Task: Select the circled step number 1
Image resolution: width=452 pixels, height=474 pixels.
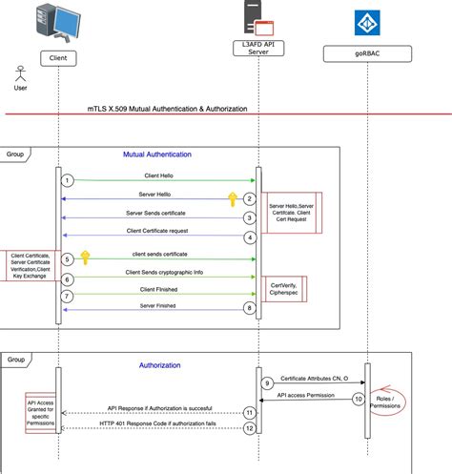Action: [67, 180]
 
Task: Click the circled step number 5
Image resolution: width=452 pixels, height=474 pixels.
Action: [67, 258]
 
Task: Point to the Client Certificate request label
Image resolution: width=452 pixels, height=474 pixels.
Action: [158, 231]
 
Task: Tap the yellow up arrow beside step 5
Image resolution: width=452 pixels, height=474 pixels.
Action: [85, 257]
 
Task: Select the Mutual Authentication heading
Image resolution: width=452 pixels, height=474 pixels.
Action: [157, 154]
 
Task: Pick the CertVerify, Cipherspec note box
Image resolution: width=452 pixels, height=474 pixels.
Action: [284, 288]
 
